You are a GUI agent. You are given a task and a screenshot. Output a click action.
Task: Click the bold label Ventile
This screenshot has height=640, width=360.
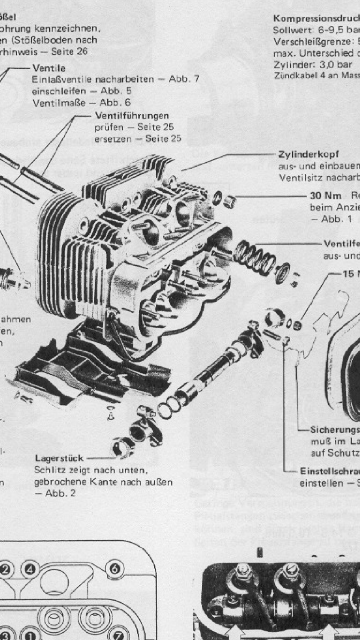[49, 68]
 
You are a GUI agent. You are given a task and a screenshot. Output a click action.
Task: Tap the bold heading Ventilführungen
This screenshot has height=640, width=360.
[132, 115]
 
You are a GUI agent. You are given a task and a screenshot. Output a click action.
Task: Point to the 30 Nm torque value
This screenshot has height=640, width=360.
[325, 196]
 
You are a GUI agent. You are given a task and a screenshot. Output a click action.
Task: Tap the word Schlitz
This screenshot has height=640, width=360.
[47, 470]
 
